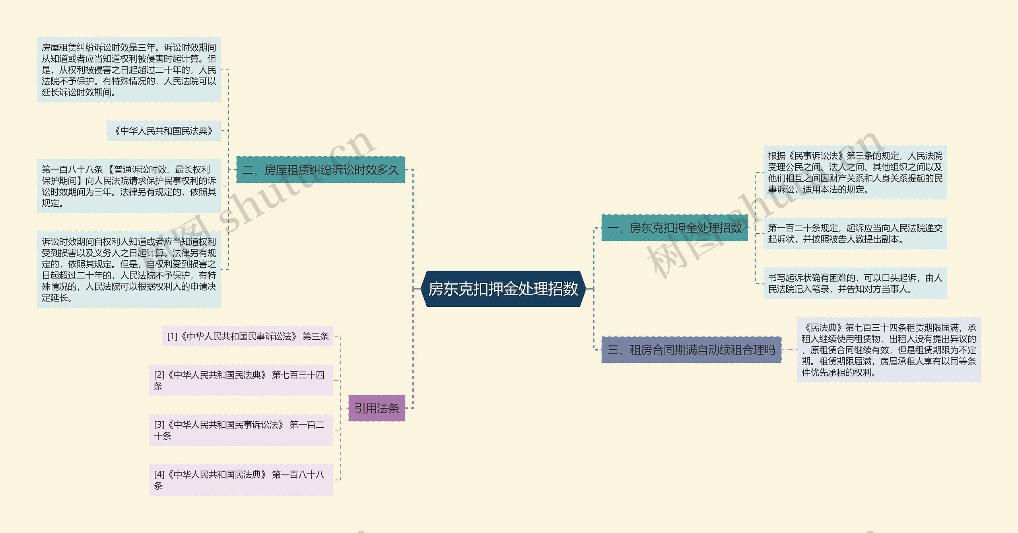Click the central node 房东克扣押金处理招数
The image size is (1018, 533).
click(503, 289)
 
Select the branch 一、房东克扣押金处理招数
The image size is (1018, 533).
click(674, 228)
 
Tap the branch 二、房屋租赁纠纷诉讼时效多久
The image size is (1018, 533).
click(321, 170)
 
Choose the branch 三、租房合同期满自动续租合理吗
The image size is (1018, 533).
click(691, 350)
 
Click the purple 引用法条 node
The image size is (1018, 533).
click(377, 408)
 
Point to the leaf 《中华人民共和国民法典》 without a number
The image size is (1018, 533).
click(164, 131)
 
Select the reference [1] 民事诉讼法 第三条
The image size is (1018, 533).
click(247, 336)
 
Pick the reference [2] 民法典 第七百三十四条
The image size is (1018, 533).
click(241, 380)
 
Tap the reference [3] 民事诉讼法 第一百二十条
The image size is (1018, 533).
click(241, 430)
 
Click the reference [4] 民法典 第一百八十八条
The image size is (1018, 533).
click(241, 480)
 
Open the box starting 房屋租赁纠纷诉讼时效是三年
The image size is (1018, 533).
click(129, 70)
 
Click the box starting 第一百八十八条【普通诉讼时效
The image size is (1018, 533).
click(129, 186)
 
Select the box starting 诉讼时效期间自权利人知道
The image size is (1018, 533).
click(129, 269)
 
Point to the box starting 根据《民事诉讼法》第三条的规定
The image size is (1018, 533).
click(855, 172)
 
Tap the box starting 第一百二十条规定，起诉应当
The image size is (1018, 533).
click(855, 233)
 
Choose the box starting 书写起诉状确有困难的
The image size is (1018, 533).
click(855, 283)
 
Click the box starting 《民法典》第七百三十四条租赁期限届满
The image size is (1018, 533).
click(889, 350)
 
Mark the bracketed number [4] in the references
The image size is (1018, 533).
click(159, 474)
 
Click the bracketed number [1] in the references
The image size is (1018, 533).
click(172, 336)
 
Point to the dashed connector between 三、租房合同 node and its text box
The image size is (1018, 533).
click(789, 350)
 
